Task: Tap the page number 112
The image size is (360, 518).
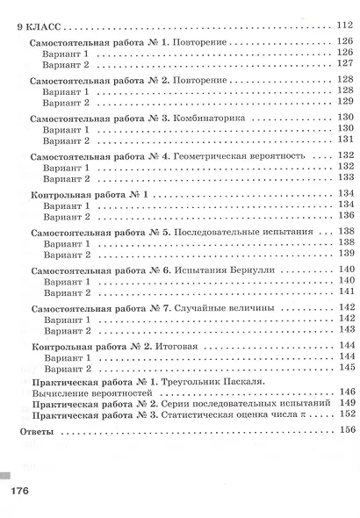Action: click(343, 26)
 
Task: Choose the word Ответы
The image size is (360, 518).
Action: click(36, 432)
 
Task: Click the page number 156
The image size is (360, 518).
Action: click(343, 432)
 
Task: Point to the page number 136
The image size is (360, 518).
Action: click(343, 217)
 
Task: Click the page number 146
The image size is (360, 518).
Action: click(343, 392)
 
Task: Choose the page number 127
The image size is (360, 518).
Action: click(343, 65)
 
